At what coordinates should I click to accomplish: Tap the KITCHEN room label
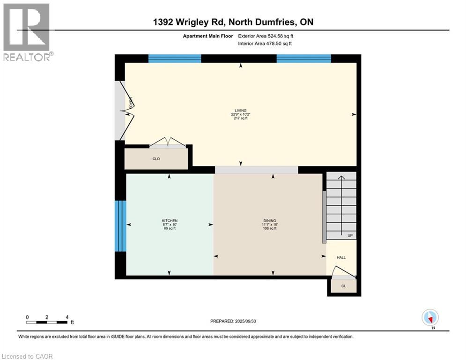click(170, 221)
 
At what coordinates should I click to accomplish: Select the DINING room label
click(269, 221)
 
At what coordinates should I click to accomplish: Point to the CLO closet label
click(156, 159)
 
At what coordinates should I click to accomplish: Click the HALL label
click(341, 257)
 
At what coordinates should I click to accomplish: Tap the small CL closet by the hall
click(343, 286)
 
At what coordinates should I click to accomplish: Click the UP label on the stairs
click(350, 235)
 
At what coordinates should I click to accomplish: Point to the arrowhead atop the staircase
click(341, 177)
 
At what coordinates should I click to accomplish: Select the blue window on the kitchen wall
click(121, 226)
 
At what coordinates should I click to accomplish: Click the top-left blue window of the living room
click(175, 59)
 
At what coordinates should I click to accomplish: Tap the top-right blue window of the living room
click(303, 59)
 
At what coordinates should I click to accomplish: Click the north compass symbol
click(429, 317)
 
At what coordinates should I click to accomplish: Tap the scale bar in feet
click(47, 322)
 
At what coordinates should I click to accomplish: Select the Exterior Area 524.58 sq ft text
click(266, 36)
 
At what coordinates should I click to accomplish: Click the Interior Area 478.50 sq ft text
click(266, 44)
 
